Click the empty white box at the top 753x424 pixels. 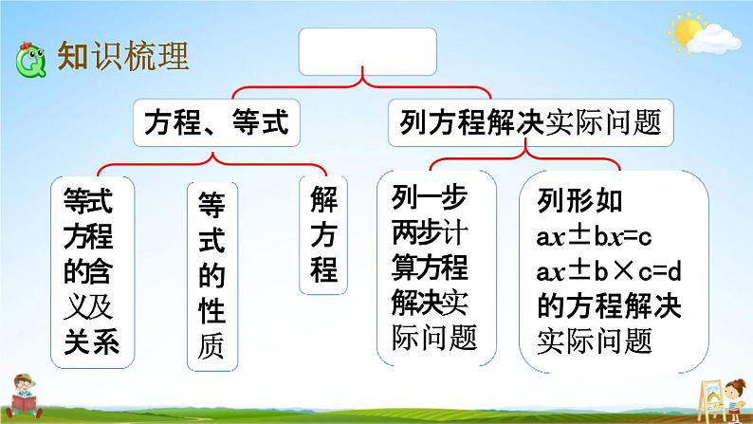click(367, 51)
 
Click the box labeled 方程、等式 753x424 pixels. click(216, 122)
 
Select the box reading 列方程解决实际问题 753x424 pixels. click(531, 122)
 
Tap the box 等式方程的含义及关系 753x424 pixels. click(92, 272)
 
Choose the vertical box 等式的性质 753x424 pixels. click(212, 277)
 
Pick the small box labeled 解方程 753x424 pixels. click(323, 235)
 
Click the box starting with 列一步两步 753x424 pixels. click(436, 267)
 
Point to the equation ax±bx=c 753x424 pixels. click(594, 236)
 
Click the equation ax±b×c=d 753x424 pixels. click(609, 272)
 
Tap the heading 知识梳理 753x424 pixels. click(123, 56)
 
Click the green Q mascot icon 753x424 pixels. click(30, 60)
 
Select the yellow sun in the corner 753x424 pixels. click(687, 30)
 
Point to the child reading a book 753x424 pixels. click(24, 396)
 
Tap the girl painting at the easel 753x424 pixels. click(734, 399)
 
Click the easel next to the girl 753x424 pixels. click(711, 399)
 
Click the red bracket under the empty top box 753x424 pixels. click(362, 87)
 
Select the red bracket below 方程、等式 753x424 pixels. click(212, 165)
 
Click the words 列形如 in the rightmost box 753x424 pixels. click(579, 201)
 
